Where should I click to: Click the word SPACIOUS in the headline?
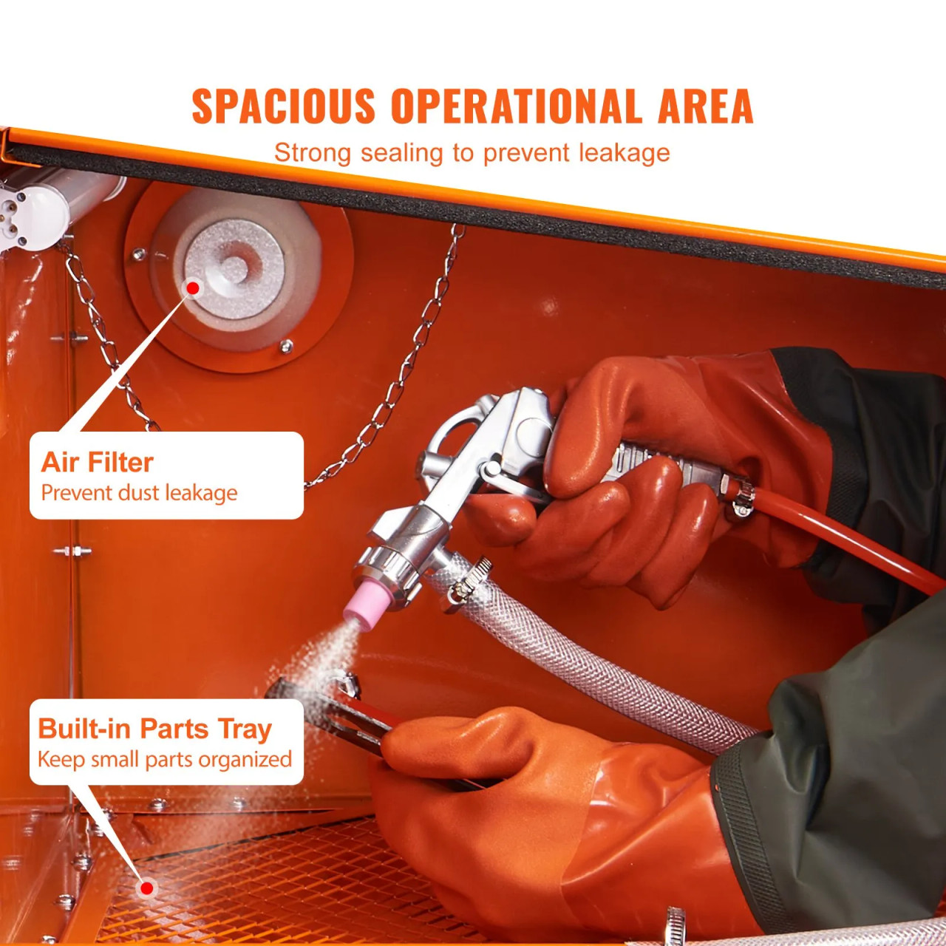[283, 106]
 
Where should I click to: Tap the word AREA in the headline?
[705, 106]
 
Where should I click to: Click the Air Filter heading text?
[97, 463]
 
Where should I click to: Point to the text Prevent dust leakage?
[139, 493]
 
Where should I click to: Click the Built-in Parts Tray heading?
[154, 729]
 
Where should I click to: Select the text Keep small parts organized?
[164, 760]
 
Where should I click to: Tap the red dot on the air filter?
[193, 287]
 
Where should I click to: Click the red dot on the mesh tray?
[147, 888]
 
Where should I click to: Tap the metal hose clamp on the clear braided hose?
[464, 580]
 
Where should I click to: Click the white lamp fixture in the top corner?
[30, 211]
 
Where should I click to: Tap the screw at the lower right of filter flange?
[286, 346]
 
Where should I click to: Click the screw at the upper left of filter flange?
[138, 255]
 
